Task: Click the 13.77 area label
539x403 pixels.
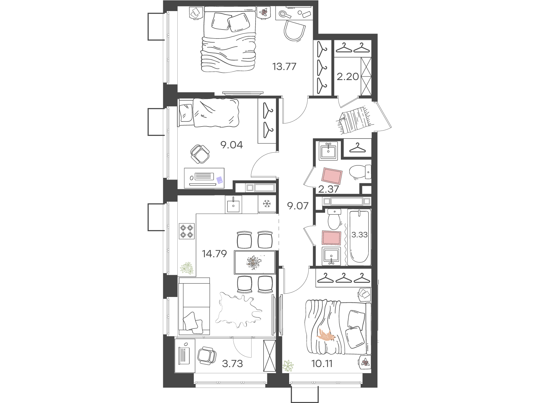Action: [x=284, y=66]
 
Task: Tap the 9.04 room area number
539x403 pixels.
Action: [x=232, y=145]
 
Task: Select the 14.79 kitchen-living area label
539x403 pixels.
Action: [x=214, y=254]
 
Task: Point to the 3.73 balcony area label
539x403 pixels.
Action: [x=232, y=363]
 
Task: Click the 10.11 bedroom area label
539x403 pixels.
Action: [x=322, y=363]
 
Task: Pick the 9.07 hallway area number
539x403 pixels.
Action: [x=298, y=206]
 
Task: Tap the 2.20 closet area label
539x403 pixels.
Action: [x=348, y=77]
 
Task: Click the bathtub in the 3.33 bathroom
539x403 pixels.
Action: [x=359, y=237]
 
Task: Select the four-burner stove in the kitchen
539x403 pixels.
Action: [x=187, y=231]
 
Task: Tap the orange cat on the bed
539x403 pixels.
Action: [x=326, y=335]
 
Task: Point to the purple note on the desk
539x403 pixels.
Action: [x=220, y=180]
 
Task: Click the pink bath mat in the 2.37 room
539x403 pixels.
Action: [x=332, y=176]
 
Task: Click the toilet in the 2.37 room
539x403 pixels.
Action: [x=360, y=172]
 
